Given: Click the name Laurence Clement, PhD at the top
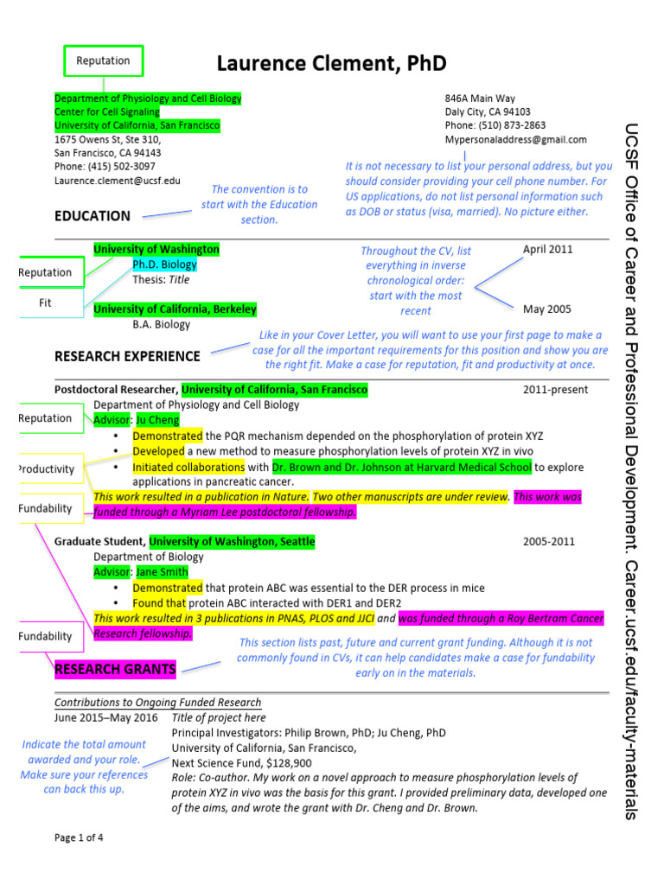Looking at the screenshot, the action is click(x=331, y=63).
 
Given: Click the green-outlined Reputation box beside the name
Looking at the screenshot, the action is click(x=104, y=60).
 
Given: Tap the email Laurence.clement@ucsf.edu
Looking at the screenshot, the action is click(x=118, y=181).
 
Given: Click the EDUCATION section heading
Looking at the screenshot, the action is click(x=93, y=216).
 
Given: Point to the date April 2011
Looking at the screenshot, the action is click(x=547, y=249).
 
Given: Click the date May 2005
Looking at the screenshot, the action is click(x=546, y=309).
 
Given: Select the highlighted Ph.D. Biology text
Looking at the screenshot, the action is click(x=164, y=264).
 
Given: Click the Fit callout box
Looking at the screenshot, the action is click(x=46, y=303).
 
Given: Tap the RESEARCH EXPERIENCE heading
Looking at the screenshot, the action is click(x=127, y=356).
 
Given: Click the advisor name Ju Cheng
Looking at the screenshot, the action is click(x=157, y=420).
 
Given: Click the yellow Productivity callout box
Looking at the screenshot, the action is click(x=48, y=469).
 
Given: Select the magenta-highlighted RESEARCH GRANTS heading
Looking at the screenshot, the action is click(x=115, y=669).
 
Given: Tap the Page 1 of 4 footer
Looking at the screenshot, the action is click(x=79, y=837).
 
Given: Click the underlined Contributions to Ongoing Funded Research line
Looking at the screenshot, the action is click(x=157, y=703).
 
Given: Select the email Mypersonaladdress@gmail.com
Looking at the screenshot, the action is click(x=515, y=139).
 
